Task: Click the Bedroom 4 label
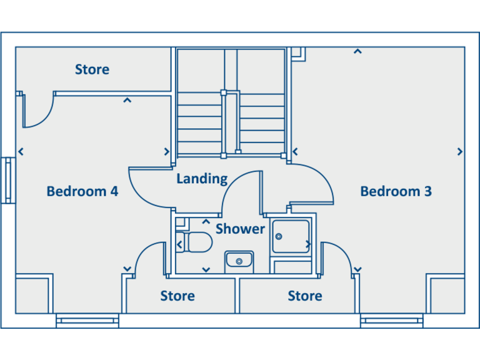point(82,191)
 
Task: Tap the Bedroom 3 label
point(396,191)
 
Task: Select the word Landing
point(202,179)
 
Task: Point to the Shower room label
point(240,229)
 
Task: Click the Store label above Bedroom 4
point(92,69)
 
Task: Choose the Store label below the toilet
point(177,296)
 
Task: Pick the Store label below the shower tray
point(305,296)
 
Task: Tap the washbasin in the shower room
point(239,261)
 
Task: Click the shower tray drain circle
point(279,236)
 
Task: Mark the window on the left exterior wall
point(8,180)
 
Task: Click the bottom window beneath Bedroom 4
point(87,321)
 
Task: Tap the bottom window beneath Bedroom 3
point(392,321)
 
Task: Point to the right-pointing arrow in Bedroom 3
point(460,151)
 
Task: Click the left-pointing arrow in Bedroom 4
point(21,151)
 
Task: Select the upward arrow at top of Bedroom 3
point(357,51)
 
